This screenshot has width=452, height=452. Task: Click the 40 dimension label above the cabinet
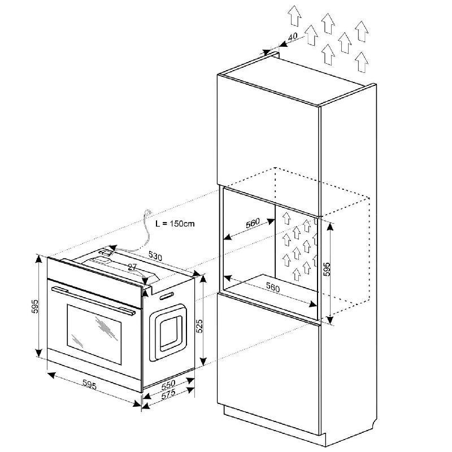(293, 37)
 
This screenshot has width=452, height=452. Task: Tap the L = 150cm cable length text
(175, 224)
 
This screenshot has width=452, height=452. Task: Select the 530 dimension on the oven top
(155, 256)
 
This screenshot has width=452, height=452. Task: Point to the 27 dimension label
(132, 267)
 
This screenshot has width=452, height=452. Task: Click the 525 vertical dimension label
(199, 326)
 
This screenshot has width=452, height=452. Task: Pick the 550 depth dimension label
(168, 384)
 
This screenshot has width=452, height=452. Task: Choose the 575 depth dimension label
(168, 394)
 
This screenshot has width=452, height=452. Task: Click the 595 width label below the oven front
(89, 385)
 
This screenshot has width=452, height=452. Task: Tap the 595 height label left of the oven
(34, 306)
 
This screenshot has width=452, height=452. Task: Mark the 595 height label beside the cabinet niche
(327, 270)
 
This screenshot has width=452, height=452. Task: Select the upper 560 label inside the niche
(253, 223)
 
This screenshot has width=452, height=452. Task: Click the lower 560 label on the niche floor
(273, 288)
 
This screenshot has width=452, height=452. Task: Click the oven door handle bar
(93, 301)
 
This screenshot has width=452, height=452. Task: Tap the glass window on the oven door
(94, 334)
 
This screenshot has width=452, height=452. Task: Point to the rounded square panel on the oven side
(168, 332)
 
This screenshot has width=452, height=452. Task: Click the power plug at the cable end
(148, 212)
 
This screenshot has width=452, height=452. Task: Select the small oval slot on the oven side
(167, 295)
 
